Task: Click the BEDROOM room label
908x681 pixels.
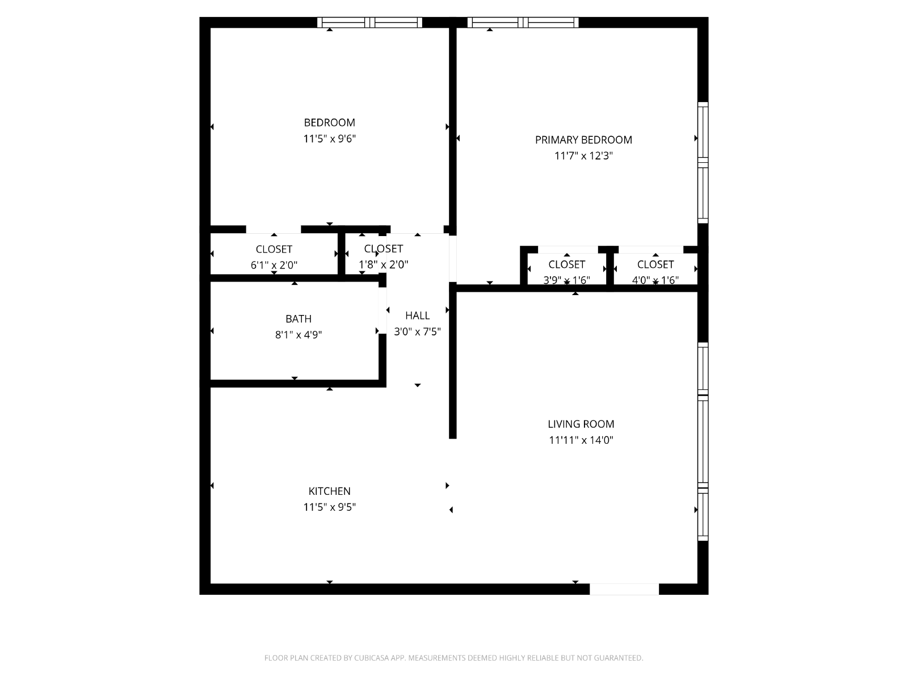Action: coord(329,123)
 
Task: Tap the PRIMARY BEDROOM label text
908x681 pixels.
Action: coord(583,140)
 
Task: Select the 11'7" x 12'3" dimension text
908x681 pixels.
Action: coord(583,156)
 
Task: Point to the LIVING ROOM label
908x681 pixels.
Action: coord(581,424)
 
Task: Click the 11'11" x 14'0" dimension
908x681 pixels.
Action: coord(581,440)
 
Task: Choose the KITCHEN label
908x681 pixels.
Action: coord(329,491)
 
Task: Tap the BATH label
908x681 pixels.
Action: coord(299,319)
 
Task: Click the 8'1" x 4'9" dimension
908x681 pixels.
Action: coord(299,334)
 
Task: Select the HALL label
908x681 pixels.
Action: coord(417,316)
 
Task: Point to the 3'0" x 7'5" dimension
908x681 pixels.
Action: coord(417,331)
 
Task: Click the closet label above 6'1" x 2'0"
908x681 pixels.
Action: coord(274,249)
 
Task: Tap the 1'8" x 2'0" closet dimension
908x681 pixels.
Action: coord(384,264)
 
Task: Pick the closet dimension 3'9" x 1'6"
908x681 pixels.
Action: coord(566,280)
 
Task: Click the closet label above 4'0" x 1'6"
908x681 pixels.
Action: coord(655,264)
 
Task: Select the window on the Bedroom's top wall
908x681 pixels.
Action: coord(369,22)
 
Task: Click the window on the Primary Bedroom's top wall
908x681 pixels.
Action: coord(523,22)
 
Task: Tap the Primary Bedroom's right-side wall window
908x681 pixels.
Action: coord(703,162)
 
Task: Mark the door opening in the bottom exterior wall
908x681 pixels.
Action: coord(624,589)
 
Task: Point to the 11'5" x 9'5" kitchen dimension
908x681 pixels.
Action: coord(329,507)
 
